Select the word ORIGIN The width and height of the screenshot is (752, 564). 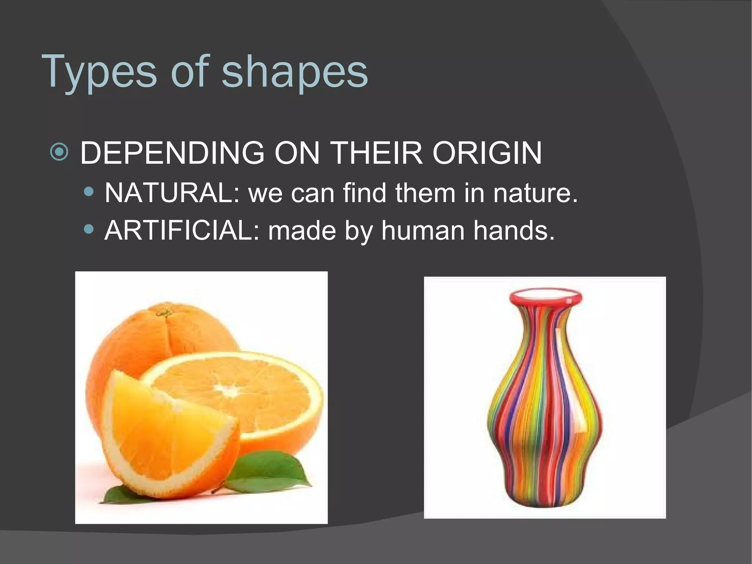coord(487,153)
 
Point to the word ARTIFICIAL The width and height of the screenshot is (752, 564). coord(182,231)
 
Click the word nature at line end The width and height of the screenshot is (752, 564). coord(535,193)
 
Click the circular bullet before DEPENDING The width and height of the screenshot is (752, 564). coord(59,152)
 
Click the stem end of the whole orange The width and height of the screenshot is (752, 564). coord(165,313)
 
